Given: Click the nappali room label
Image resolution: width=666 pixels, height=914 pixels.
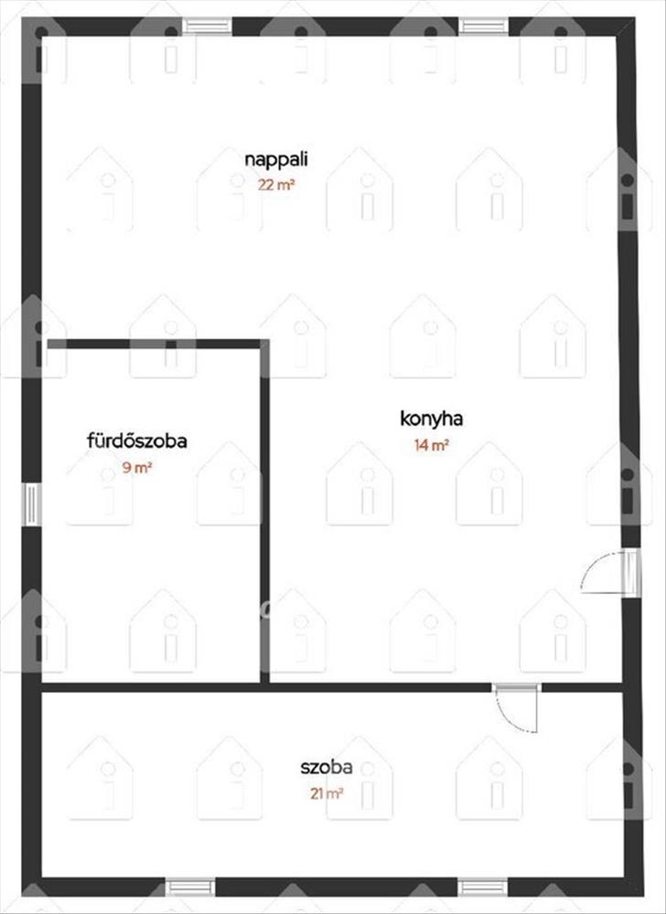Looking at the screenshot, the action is click(276, 160).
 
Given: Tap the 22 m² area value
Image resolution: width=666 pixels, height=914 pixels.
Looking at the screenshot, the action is click(276, 186).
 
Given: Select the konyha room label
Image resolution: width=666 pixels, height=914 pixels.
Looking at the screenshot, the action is click(432, 419).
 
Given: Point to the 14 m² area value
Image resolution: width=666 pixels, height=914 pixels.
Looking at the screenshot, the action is click(432, 445).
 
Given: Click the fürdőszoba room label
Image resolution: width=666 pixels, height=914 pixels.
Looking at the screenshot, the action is click(137, 441).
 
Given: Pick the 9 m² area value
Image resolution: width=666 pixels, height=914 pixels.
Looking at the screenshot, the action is click(137, 467).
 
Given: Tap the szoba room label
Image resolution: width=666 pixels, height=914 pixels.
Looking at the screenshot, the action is click(327, 767).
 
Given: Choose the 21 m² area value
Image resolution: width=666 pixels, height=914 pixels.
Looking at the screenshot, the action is click(327, 793).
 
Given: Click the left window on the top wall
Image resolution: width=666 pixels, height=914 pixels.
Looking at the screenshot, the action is click(208, 27).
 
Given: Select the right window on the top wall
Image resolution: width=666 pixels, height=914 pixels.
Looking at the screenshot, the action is click(483, 27).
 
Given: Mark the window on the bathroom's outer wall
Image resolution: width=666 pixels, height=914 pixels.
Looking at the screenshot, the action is click(31, 505).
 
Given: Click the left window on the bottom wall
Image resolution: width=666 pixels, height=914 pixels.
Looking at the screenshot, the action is click(190, 887).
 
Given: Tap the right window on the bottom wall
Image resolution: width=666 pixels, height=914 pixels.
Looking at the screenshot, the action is click(483, 887).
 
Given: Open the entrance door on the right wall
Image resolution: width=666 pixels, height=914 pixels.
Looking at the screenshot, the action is click(631, 572).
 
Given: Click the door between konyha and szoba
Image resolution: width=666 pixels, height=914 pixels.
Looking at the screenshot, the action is click(516, 688).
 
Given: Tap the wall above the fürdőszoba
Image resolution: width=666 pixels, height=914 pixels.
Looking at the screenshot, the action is click(154, 344).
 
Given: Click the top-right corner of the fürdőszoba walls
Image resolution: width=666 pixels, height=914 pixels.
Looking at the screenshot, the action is click(264, 344).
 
